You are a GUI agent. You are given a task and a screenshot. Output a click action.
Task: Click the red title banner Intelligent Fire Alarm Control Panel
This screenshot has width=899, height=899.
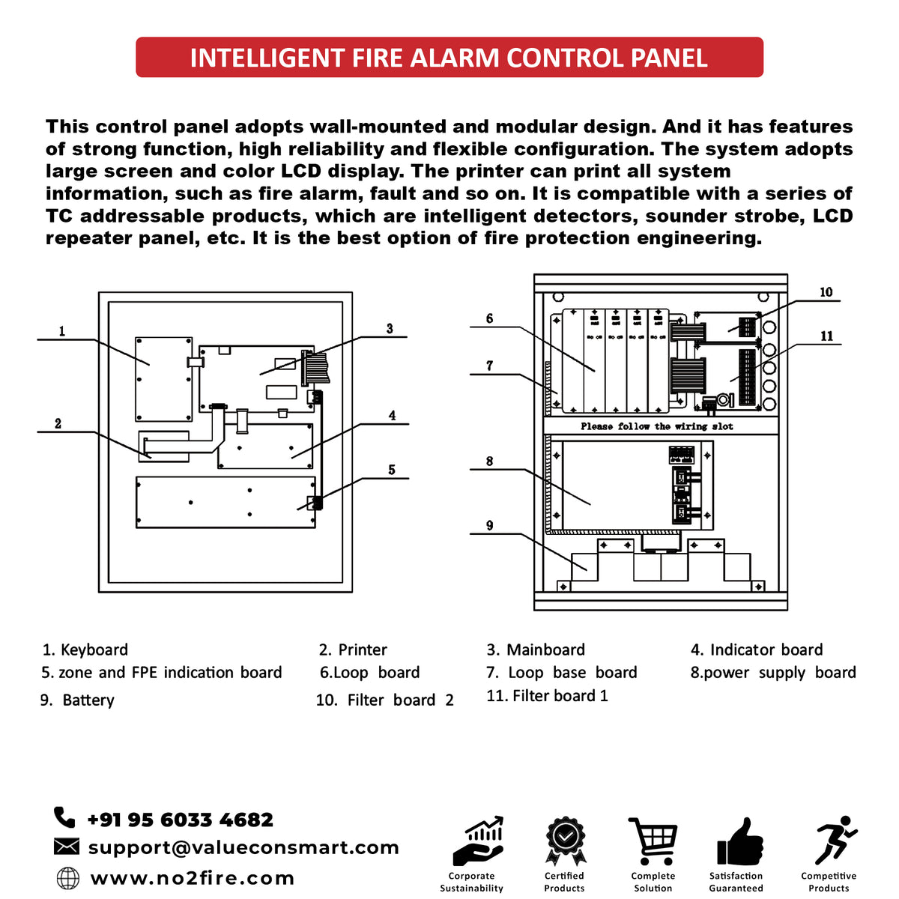449,58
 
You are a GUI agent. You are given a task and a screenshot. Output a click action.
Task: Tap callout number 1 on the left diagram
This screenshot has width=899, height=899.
62,331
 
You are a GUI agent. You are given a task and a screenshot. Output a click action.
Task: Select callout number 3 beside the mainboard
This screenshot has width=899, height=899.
390,329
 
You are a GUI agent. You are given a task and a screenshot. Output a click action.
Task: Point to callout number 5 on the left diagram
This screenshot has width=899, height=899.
391,470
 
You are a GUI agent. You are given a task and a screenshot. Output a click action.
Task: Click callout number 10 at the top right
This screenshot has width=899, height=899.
826,292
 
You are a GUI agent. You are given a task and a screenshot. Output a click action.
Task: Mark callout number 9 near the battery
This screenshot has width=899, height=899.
489,526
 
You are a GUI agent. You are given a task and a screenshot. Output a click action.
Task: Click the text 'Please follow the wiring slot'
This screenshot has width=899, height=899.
656,426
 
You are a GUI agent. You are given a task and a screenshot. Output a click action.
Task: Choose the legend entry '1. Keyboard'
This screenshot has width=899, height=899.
85,650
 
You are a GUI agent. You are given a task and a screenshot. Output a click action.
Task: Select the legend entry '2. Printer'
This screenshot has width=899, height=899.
353,650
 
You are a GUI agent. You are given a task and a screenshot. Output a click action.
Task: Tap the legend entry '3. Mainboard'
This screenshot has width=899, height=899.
536,650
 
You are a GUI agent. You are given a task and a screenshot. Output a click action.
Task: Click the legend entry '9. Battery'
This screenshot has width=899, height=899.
78,700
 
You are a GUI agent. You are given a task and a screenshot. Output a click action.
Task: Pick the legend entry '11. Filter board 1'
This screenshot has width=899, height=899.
547,695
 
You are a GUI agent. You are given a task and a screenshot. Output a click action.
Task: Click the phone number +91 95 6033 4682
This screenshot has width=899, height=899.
180,820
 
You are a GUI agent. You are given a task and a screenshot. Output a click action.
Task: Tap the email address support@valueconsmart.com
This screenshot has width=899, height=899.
243,847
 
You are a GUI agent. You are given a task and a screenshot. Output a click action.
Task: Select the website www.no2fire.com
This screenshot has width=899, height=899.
192,878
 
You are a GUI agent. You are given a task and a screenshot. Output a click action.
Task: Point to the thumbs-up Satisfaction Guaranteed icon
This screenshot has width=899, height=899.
739,843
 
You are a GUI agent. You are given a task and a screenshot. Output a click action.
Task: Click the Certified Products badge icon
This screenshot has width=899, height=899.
564,842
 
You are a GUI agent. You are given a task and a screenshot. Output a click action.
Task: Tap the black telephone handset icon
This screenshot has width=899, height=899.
65,817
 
